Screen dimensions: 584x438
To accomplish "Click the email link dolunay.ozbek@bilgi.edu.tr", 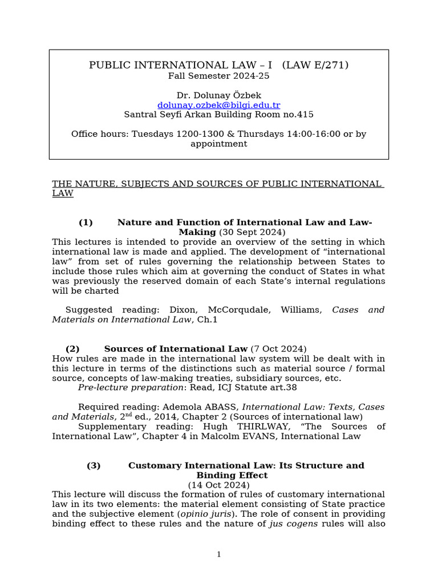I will [218, 105].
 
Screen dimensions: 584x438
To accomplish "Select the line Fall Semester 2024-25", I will [218, 75].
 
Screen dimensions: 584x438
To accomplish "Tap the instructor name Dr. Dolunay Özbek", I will [218, 95].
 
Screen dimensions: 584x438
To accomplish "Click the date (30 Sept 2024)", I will [252, 232].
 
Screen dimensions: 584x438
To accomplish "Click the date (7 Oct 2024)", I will [278, 348].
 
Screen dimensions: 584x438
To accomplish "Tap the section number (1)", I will [86, 222].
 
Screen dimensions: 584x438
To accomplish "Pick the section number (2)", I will [72, 348].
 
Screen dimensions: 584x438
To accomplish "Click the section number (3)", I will [94, 465].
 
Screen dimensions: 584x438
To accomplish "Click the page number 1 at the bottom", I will [218, 554].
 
